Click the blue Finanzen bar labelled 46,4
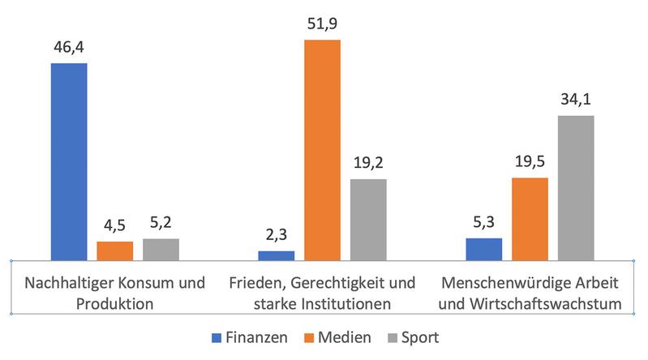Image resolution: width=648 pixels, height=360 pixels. click(69, 161)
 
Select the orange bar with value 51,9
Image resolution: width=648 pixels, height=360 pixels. click(322, 150)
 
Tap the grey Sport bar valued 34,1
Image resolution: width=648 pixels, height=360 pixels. click(576, 187)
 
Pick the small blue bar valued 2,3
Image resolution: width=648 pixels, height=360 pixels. click(277, 255)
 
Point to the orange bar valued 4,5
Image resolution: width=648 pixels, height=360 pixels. click(114, 251)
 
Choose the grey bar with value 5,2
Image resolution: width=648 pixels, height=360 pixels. click(161, 249)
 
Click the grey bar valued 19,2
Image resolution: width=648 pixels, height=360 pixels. click(368, 219)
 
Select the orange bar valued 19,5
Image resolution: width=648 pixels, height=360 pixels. click(530, 219)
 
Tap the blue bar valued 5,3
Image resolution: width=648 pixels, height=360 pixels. click(484, 249)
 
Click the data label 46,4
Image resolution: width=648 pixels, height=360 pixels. click(69, 47)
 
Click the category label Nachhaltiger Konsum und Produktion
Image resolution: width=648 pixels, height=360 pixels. click(114, 294)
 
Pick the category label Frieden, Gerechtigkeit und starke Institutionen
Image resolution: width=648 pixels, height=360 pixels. click(322, 294)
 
